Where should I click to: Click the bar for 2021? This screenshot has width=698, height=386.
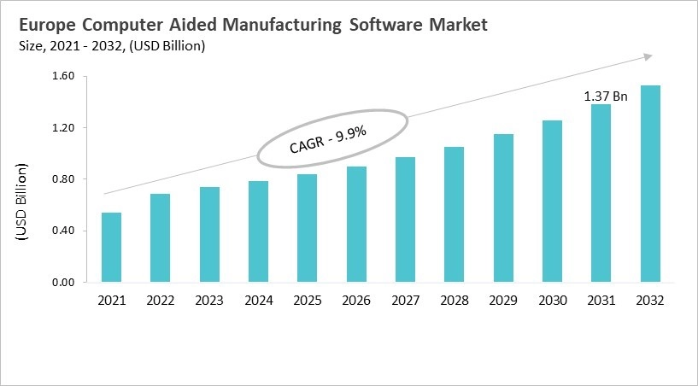pyautogui.click(x=111, y=248)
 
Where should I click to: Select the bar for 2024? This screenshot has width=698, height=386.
pyautogui.click(x=258, y=231)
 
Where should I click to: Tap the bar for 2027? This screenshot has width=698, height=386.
pyautogui.click(x=405, y=219)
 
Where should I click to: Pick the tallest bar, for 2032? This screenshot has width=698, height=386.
pyautogui.click(x=650, y=184)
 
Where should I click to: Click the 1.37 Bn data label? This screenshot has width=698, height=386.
pyautogui.click(x=606, y=96)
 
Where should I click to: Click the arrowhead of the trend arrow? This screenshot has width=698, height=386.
pyautogui.click(x=648, y=57)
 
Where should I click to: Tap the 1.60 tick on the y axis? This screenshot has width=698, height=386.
pyautogui.click(x=64, y=77)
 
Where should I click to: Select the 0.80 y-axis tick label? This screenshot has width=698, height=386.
pyautogui.click(x=64, y=179)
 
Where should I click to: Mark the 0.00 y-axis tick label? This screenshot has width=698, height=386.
pyautogui.click(x=64, y=282)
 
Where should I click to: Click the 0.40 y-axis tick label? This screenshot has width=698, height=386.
pyautogui.click(x=64, y=231)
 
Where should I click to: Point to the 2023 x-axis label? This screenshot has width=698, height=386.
pyautogui.click(x=209, y=301)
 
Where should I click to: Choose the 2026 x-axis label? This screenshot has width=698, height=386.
pyautogui.click(x=356, y=301)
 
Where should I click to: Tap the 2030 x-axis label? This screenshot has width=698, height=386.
pyautogui.click(x=552, y=301)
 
